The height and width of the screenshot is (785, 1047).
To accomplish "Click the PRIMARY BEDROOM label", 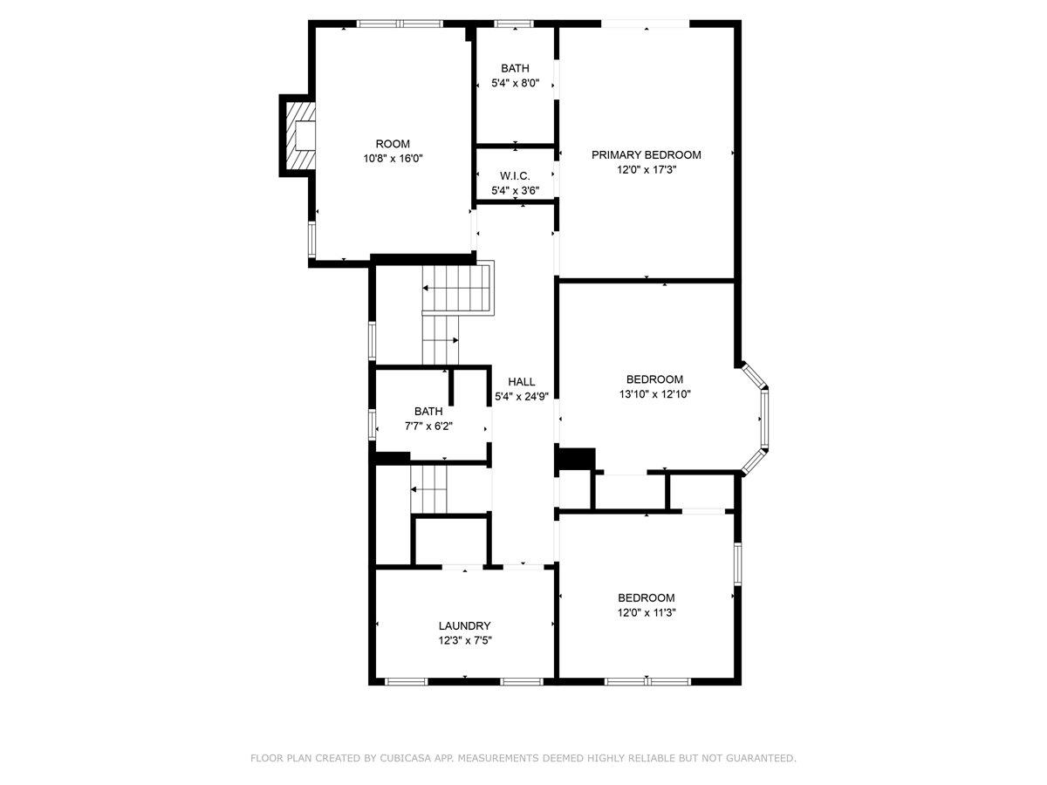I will click(x=646, y=154).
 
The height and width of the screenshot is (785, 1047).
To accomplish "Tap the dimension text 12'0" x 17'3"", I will click(x=646, y=170).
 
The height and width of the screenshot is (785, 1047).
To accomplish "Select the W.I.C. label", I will click(x=515, y=175).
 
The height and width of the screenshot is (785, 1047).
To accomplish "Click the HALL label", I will click(x=522, y=381).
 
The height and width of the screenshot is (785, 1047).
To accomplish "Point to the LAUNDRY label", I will click(x=464, y=625).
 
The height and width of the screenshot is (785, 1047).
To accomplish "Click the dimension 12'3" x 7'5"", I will click(x=464, y=640).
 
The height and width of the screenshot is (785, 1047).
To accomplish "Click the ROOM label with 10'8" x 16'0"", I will click(x=393, y=144).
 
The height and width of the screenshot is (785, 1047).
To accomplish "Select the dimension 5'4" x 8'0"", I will click(x=515, y=84).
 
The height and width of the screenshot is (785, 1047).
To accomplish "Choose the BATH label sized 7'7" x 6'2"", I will click(x=428, y=411).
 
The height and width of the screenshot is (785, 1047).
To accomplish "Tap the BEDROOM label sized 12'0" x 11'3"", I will click(x=646, y=597).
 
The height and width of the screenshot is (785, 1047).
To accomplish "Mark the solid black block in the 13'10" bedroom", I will click(x=574, y=459).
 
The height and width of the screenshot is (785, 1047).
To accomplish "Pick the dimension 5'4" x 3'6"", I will click(x=515, y=190).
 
